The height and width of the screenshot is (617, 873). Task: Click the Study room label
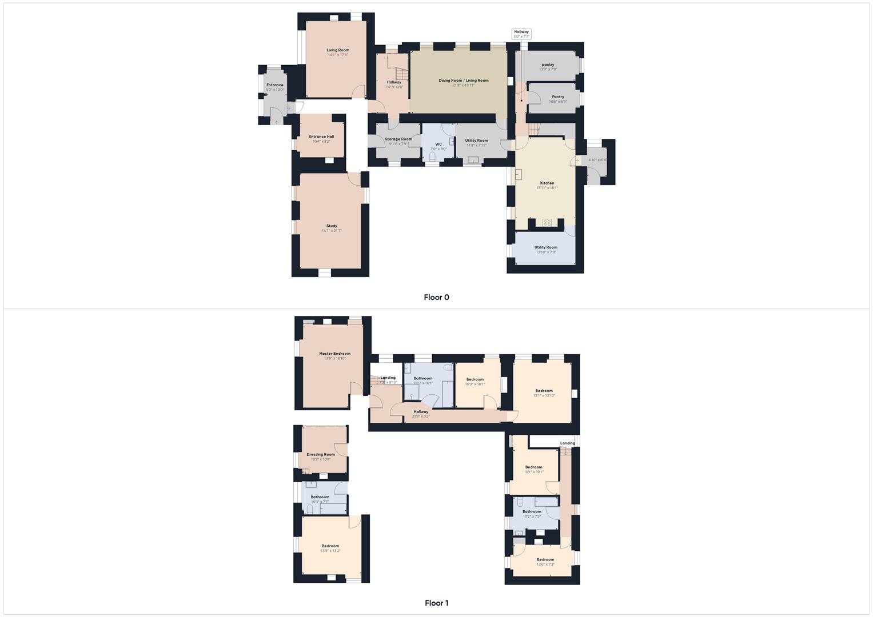332,226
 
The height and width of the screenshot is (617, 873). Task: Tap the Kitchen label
547,183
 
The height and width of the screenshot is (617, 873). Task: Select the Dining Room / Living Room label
464,81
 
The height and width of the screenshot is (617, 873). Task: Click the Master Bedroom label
334,354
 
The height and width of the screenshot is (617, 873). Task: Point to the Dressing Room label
321,455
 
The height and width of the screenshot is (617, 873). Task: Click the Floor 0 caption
436,297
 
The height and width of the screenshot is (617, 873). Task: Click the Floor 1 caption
436,603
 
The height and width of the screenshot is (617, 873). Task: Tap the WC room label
439,145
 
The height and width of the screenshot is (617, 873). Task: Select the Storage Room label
398,139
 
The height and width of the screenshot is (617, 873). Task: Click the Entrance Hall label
321,137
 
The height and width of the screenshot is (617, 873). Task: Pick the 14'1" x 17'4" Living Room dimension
338,55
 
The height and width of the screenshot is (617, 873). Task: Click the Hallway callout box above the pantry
521,34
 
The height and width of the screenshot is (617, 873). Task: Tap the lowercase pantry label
548,65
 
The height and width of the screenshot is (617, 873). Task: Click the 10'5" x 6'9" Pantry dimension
557,102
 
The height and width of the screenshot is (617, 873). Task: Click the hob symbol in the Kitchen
547,222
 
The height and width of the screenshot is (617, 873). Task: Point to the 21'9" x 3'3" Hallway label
421,416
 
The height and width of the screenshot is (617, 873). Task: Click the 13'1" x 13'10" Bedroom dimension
544,395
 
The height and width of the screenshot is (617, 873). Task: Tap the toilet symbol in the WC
433,156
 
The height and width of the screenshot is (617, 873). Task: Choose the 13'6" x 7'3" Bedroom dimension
545,564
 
